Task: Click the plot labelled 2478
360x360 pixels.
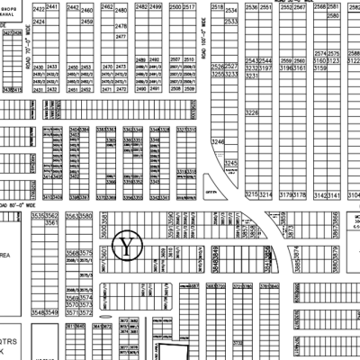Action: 122,27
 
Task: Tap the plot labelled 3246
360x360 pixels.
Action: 217,142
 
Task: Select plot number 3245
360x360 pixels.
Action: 231,163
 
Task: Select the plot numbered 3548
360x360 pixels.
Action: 37,311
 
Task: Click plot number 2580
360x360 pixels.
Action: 334,16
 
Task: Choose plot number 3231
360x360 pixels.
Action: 252,77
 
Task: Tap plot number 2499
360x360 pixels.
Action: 156,6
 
